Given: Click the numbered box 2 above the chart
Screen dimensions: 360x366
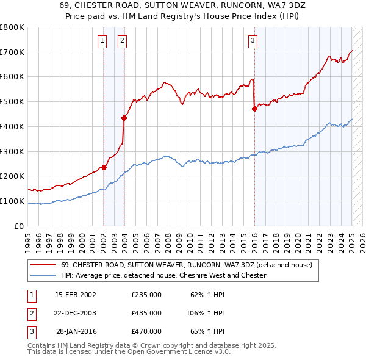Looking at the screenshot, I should [123, 41].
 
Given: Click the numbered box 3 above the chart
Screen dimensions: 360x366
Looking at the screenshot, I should [253, 41].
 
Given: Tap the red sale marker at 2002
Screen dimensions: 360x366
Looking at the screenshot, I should [104, 167].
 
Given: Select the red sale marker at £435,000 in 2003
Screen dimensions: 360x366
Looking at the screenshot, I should [124, 117].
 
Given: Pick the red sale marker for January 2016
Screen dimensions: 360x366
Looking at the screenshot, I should [254, 109].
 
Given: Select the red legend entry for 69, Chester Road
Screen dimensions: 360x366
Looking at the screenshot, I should [187, 265].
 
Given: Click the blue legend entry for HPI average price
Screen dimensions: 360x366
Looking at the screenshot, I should [163, 275].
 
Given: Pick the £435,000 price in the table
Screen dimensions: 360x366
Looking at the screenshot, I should [146, 313].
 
